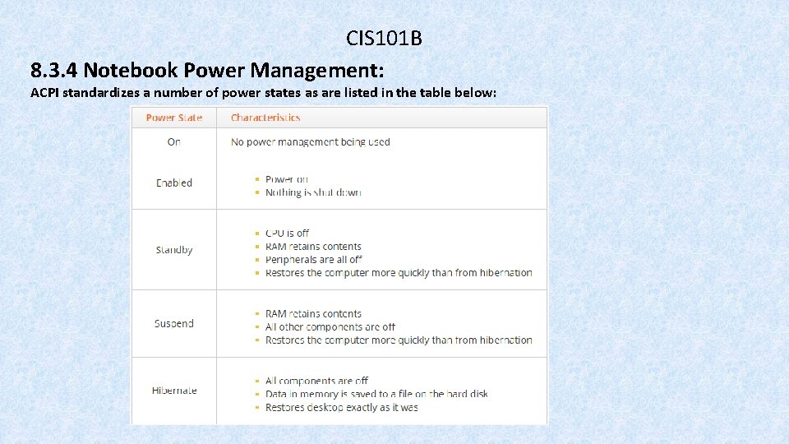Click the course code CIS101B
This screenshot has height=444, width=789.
click(x=384, y=39)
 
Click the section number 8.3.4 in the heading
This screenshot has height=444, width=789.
click(x=54, y=67)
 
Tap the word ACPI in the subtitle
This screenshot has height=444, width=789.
click(x=44, y=93)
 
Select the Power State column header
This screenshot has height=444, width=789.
click(x=173, y=118)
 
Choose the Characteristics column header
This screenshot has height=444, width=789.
click(x=265, y=118)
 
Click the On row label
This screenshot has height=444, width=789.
click(x=173, y=142)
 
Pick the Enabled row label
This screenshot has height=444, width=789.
click(x=174, y=183)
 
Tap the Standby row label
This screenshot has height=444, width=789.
click(x=174, y=250)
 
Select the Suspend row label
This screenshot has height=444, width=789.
click(x=174, y=324)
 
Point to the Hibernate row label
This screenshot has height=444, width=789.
click(x=174, y=391)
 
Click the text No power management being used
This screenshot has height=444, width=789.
click(x=311, y=142)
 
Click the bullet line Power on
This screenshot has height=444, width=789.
click(x=287, y=179)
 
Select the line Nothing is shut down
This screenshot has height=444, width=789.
click(x=313, y=192)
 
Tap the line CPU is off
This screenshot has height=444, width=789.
click(x=287, y=234)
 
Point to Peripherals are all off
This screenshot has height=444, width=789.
click(x=314, y=260)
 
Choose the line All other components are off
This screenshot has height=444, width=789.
click(x=330, y=327)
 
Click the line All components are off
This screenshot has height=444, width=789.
click(x=316, y=381)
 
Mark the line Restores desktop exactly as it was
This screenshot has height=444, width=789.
click(x=342, y=407)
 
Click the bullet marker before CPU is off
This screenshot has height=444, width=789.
click(x=257, y=234)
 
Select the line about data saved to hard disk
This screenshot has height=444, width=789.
click(x=376, y=394)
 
